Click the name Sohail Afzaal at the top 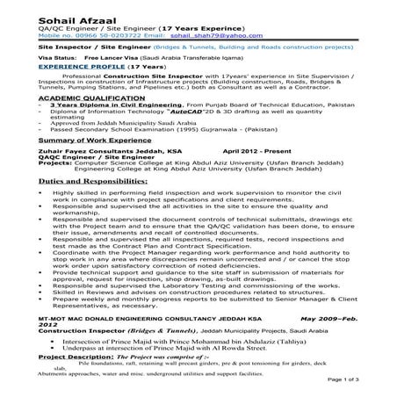[40, 8]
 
